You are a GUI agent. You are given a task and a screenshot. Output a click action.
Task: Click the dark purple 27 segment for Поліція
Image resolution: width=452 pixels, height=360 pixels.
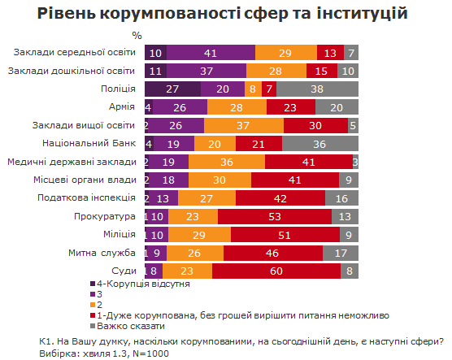(x=172, y=89)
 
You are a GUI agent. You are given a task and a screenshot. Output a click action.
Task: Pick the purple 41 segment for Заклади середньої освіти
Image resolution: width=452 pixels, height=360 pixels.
(x=211, y=53)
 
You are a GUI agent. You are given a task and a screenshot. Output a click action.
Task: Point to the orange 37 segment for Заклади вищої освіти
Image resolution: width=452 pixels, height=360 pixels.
(x=243, y=125)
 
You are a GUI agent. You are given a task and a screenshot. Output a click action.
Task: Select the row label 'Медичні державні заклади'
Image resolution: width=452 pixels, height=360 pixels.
(x=72, y=161)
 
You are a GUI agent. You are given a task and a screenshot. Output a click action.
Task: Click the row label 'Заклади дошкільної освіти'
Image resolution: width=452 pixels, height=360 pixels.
(x=72, y=71)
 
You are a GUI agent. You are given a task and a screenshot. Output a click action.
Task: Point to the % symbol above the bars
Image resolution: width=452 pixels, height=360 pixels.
(x=137, y=36)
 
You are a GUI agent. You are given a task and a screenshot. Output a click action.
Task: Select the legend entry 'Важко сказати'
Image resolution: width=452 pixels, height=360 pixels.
(x=130, y=324)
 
